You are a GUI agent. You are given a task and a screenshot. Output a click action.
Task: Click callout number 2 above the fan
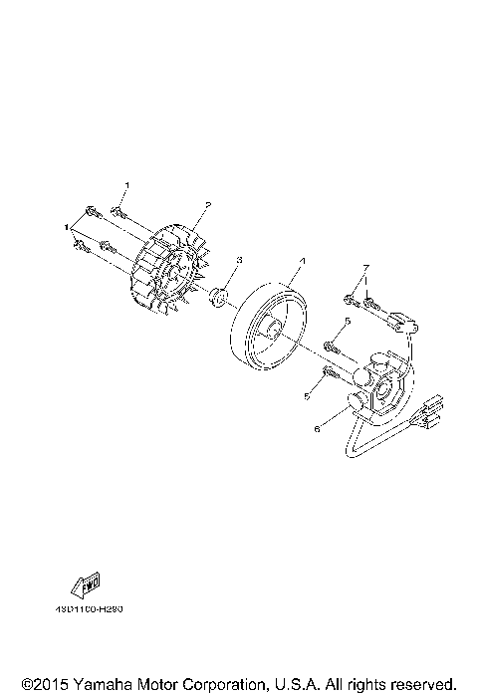(x=206, y=205)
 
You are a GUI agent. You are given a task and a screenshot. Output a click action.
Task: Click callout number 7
(x=365, y=269)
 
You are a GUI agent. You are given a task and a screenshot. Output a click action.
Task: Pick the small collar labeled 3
(x=218, y=297)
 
